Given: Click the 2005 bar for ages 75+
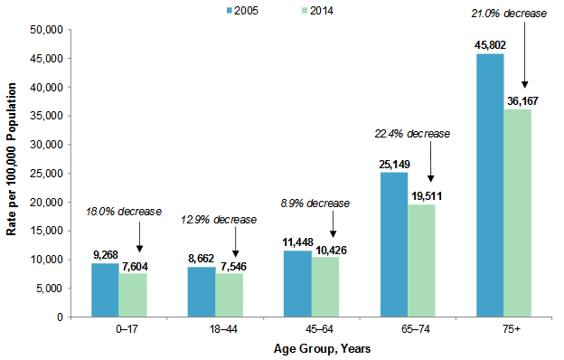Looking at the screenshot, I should [x=489, y=185].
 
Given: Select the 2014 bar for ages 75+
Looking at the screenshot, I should [x=516, y=213].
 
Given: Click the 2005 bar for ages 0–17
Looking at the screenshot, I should [x=105, y=289].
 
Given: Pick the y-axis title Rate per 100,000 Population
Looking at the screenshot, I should [x=12, y=172].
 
